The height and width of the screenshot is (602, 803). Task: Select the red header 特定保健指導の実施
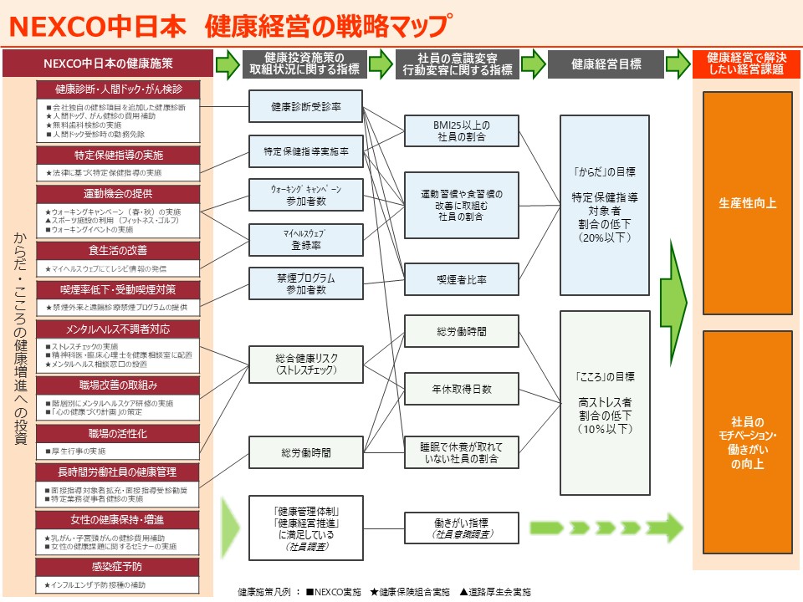(118, 156)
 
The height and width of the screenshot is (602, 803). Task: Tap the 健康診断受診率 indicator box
(305, 107)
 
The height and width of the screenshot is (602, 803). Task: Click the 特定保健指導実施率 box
(305, 152)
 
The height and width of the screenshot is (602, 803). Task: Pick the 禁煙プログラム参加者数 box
(305, 283)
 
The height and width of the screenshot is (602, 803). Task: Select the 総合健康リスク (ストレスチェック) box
(305, 365)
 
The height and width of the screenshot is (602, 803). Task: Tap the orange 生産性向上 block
(735, 203)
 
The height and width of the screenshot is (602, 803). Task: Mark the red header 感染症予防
(118, 566)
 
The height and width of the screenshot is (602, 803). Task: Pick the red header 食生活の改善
(118, 250)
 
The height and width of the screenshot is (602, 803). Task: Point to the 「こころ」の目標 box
(605, 402)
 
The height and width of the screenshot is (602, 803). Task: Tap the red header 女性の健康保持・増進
(118, 520)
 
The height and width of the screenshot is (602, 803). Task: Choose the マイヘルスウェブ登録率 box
(305, 239)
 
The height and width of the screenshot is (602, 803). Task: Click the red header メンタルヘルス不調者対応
(118, 329)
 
